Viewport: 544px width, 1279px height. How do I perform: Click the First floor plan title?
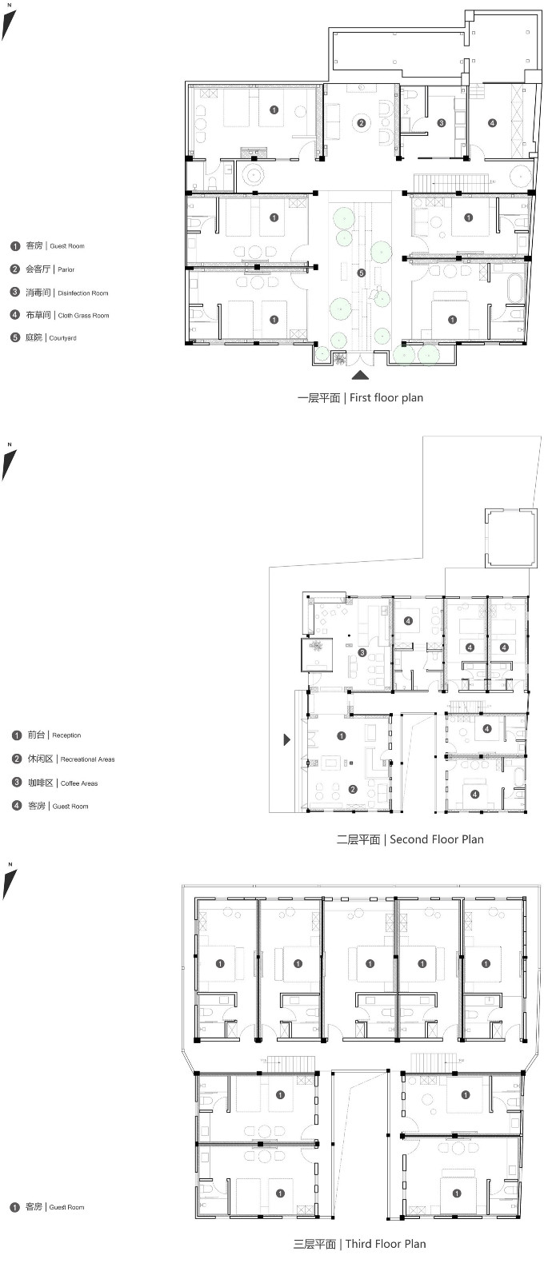360,398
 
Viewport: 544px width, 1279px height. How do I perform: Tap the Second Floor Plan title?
410,839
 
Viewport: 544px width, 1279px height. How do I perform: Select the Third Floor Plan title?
359,1244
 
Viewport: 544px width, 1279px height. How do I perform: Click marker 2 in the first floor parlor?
361,123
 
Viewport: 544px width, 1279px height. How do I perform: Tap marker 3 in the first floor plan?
441,123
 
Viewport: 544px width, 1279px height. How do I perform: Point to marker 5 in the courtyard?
361,273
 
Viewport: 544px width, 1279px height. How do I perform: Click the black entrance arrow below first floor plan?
360,375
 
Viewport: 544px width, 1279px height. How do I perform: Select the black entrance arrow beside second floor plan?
287,739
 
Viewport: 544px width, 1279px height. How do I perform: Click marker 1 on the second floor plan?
341,736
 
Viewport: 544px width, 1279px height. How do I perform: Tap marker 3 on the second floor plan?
362,652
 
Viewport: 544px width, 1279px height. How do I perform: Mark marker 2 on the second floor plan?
353,789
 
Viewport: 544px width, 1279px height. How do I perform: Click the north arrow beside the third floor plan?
10,883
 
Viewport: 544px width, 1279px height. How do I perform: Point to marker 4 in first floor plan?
492,123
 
